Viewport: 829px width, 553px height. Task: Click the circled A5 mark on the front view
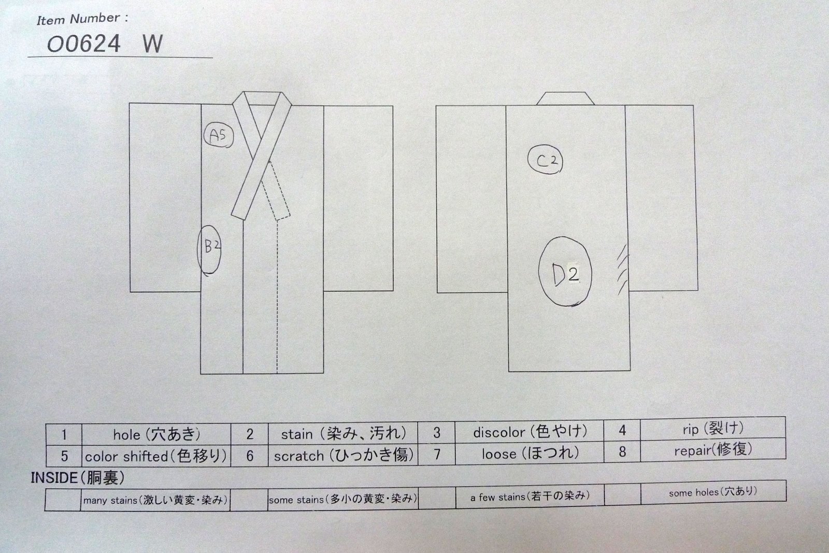click(x=219, y=135)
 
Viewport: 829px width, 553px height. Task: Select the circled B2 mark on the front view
click(x=209, y=250)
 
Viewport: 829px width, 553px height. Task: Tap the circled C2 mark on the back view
click(x=545, y=160)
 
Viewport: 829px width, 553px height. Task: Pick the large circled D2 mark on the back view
click(x=565, y=272)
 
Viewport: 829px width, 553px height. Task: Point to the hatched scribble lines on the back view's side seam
click(x=622, y=270)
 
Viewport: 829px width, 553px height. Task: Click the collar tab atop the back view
click(x=565, y=98)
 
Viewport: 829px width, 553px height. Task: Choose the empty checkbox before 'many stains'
click(x=63, y=500)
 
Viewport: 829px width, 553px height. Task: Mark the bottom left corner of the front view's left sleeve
click(x=130, y=292)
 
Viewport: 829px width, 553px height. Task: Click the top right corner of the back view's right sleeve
click(x=693, y=106)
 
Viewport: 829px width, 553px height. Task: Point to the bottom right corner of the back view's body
click(x=630, y=370)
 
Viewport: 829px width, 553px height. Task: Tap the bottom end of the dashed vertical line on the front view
click(x=277, y=373)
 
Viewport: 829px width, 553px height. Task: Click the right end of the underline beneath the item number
click(x=212, y=58)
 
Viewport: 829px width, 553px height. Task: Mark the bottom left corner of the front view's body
click(x=201, y=374)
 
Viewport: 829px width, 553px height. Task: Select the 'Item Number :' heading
click(x=82, y=19)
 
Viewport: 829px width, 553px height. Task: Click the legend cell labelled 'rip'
click(x=713, y=429)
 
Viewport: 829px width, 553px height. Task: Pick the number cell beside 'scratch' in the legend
click(x=249, y=455)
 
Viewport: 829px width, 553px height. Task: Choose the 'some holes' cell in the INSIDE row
click(x=713, y=492)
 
